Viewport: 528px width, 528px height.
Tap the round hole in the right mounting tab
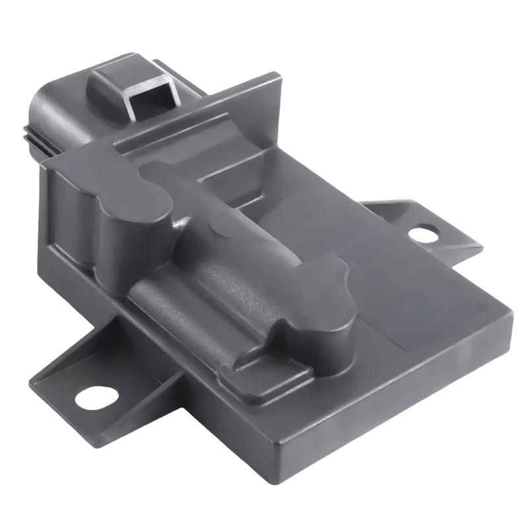click(423, 233)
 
